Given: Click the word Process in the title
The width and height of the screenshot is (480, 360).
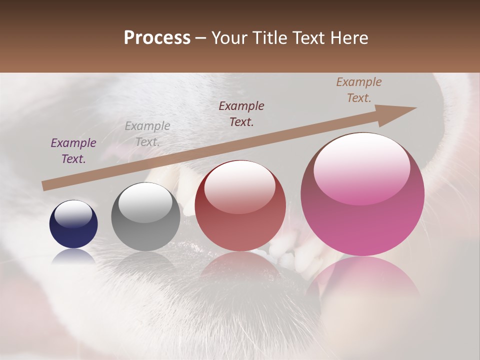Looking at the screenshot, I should pos(157,37).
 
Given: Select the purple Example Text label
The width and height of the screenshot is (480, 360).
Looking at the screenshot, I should pos(73,151).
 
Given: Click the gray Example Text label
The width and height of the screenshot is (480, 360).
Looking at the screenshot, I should pos(147,134).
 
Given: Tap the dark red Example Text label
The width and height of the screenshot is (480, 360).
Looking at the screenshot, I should pos(241,114).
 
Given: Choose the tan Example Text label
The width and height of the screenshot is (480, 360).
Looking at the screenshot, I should pos(358,90).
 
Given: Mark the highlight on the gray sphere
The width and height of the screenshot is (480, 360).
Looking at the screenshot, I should pos(145,202).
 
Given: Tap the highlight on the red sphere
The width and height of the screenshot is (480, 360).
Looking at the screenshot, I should pos(239,187).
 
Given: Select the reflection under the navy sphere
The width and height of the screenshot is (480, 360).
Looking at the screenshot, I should pos(73,256).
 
